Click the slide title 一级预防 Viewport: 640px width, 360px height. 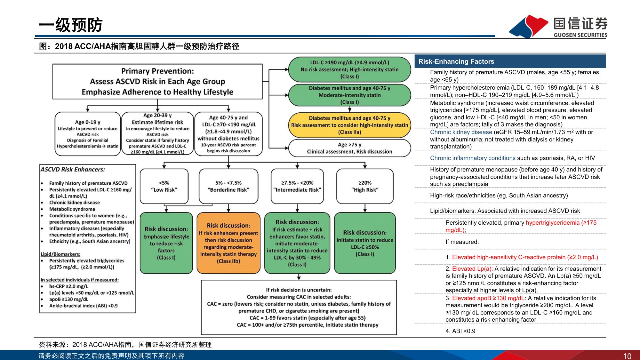tap(71, 25)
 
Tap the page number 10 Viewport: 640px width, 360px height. tap(627, 356)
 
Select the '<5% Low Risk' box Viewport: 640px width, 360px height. tap(164, 186)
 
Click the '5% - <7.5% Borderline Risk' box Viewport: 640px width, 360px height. tap(228, 186)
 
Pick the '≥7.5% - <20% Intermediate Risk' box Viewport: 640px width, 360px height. tap(297, 186)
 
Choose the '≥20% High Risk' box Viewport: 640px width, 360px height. tap(364, 186)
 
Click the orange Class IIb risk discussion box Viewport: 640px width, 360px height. tap(228, 243)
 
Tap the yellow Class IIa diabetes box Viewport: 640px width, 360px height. tap(349, 125)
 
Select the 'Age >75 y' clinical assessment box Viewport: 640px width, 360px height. tap(349, 148)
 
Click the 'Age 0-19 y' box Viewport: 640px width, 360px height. tap(88, 134)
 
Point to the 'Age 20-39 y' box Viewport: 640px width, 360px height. tap(157, 133)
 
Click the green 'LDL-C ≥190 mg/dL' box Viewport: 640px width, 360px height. tap(349, 69)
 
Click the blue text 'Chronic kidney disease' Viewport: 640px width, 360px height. tap(461, 132)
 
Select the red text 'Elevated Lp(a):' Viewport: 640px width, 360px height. tap(472, 269)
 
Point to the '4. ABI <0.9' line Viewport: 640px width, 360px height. tap(460, 331)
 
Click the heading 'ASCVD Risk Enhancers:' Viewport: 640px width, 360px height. tap(73, 170)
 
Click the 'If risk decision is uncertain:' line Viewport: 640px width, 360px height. tap(299, 290)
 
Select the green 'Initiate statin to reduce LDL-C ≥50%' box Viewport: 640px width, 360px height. tap(365, 243)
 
